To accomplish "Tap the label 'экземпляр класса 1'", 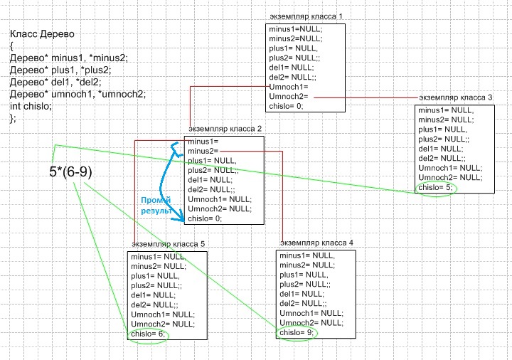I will pos(306,16).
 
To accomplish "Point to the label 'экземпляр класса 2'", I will pos(225,129).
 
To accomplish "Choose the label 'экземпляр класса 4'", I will pos(316,243).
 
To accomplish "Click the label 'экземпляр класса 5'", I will pos(168,244).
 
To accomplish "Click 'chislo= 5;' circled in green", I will pos(435,187).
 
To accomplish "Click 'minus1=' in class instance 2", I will pos(203,142).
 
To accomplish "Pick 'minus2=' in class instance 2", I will pos(203,152).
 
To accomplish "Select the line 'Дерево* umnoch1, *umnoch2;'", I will pos(78,94).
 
